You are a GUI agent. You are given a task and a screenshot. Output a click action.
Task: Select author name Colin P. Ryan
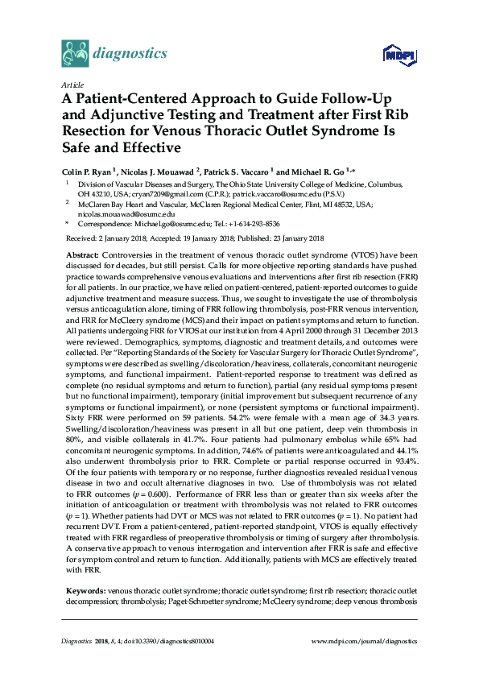87,173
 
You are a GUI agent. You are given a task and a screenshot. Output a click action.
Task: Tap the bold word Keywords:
85,592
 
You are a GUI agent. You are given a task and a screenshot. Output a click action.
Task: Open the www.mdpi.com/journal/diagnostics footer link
364,641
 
